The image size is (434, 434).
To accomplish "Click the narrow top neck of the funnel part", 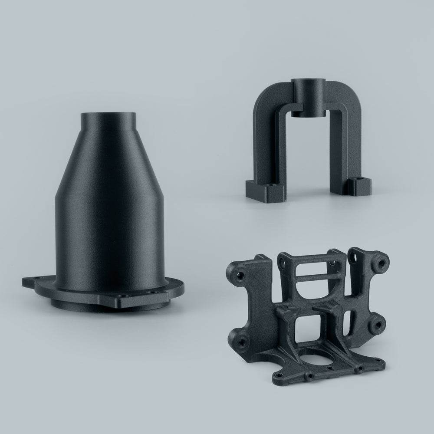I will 108,126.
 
